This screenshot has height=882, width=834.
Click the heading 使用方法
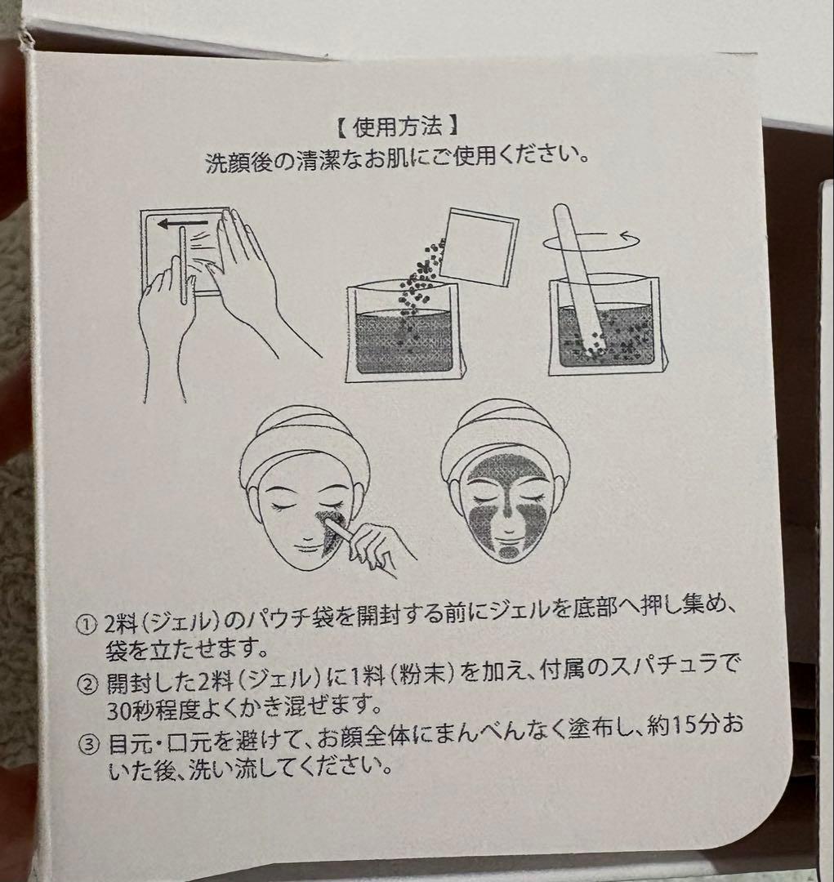397,127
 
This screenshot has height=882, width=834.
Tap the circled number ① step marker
87,625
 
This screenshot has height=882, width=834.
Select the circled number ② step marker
87,684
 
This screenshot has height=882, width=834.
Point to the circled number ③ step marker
88,745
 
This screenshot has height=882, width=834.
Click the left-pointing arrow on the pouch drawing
182,224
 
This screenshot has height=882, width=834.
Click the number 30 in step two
118,711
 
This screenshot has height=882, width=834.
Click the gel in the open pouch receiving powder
403,341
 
